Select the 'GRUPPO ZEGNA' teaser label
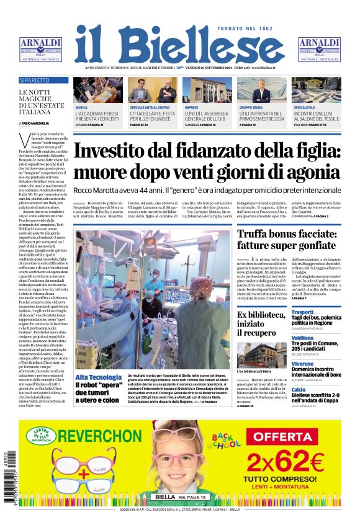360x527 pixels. (251, 107)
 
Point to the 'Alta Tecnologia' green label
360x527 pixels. (98, 377)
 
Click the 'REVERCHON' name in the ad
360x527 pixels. (101, 436)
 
